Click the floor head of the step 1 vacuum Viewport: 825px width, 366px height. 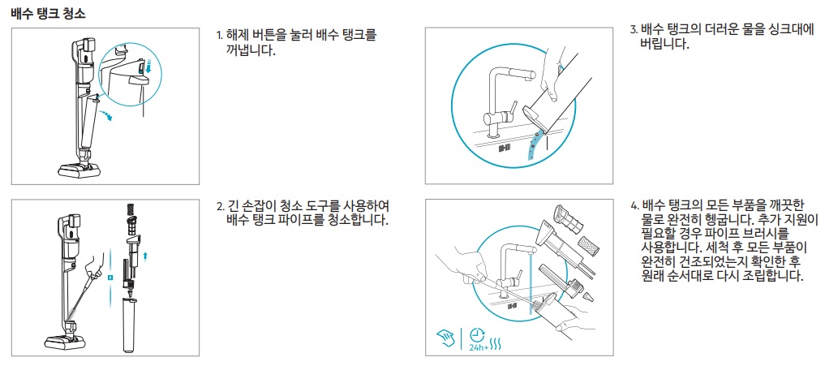(x=79, y=169)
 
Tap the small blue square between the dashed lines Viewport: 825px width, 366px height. (x=110, y=277)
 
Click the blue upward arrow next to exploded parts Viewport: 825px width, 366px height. (x=146, y=256)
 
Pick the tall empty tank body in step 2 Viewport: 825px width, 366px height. (x=131, y=325)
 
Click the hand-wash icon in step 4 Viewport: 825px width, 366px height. (x=445, y=335)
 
